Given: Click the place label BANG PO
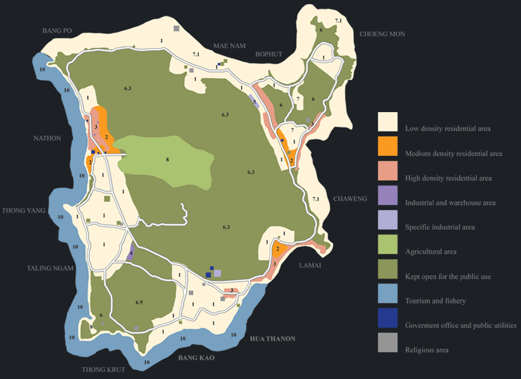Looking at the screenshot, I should (57, 30).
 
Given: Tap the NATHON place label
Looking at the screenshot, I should (47, 138).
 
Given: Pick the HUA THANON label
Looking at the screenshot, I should (272, 338).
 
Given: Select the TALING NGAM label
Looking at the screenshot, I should (50, 267).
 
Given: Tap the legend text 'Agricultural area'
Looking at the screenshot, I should (431, 251).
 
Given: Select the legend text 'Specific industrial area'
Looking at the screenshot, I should (439, 227).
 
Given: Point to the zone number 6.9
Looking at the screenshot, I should (139, 302).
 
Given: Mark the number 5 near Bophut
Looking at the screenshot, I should (255, 102).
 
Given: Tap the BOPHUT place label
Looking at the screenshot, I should (269, 54).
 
